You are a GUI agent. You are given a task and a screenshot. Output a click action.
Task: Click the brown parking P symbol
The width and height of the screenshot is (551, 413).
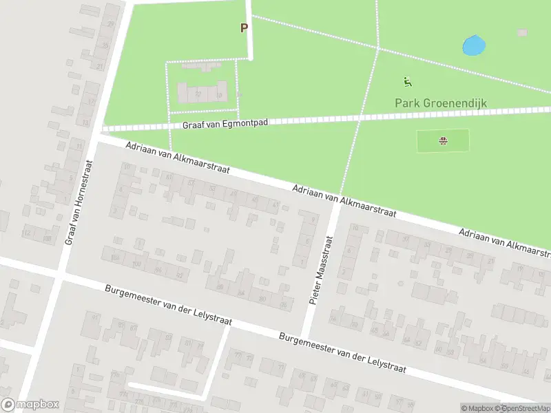pyautogui.click(x=243, y=28)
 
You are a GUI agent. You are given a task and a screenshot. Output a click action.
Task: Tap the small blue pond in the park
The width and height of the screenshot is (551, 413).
pyautogui.click(x=474, y=46)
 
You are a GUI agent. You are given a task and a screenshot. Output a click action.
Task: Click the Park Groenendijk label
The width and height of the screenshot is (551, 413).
pyautogui.click(x=441, y=103)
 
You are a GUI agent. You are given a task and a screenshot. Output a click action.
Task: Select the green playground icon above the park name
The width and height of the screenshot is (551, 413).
pyautogui.click(x=408, y=82)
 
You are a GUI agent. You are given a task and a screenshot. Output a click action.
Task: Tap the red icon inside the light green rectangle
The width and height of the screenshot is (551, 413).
pyautogui.click(x=443, y=142)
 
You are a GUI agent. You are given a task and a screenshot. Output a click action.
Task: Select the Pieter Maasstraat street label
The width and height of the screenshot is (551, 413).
pyautogui.click(x=321, y=271)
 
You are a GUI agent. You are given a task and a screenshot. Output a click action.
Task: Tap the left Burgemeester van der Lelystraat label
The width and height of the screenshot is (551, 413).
pyautogui.click(x=168, y=305)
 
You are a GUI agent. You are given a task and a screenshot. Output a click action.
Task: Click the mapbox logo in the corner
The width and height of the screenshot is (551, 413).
pyautogui.click(x=30, y=405)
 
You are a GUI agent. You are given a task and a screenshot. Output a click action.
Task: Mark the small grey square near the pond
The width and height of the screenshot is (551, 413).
pyautogui.click(x=522, y=32)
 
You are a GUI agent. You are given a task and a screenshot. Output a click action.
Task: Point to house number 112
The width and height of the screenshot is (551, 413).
pyautogui.click(x=28, y=233)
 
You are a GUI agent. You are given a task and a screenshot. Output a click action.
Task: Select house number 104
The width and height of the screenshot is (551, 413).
pyautogui.click(x=115, y=257)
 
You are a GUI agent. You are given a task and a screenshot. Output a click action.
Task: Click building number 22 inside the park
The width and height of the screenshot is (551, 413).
pyautogui.click(x=198, y=94)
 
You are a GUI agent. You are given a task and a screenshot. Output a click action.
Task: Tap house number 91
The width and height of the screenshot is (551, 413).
pyautogui.click(x=94, y=317)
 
